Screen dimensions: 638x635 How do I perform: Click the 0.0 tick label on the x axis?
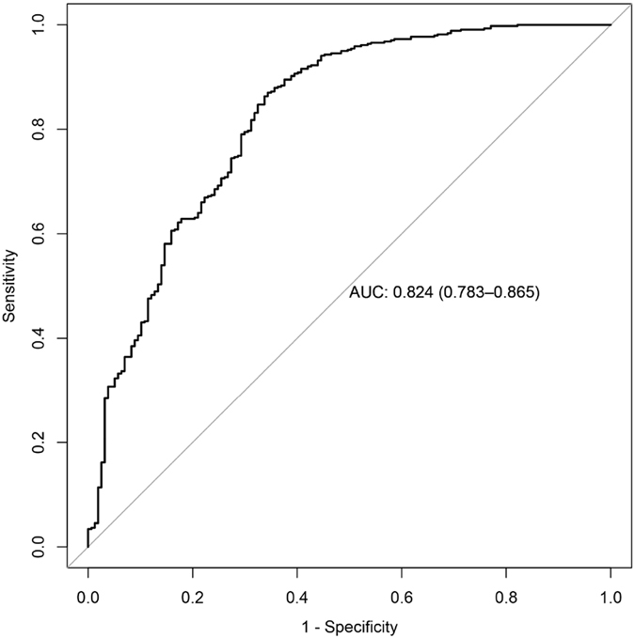87,595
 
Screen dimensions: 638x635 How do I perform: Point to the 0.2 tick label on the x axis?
192,595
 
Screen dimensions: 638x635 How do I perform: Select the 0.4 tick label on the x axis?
297,595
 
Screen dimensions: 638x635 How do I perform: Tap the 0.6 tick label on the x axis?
402,595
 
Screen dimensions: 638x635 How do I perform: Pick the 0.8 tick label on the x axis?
506,595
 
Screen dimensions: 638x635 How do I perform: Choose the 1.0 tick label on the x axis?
611,595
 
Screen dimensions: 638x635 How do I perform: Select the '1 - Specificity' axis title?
349,626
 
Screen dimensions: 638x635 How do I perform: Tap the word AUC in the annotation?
365,293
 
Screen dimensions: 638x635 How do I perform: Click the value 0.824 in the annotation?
414,293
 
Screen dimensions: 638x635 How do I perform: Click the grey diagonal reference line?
349,286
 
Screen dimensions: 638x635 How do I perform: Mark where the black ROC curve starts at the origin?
87,546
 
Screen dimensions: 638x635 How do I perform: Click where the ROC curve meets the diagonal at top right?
611,24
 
